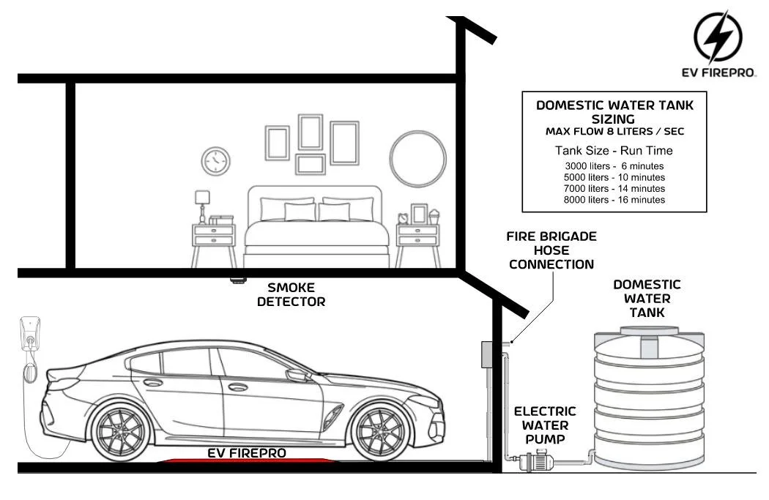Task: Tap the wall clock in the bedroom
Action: click(215, 160)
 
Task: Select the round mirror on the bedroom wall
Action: click(418, 160)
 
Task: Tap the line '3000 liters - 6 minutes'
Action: click(614, 165)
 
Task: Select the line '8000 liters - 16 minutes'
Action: click(614, 199)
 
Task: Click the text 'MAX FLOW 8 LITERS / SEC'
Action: click(614, 132)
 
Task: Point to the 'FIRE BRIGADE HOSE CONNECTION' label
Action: click(551, 250)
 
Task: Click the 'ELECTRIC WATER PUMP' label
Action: click(544, 425)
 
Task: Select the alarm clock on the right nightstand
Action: click(403, 217)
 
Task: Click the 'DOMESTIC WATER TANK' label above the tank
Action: click(647, 298)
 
